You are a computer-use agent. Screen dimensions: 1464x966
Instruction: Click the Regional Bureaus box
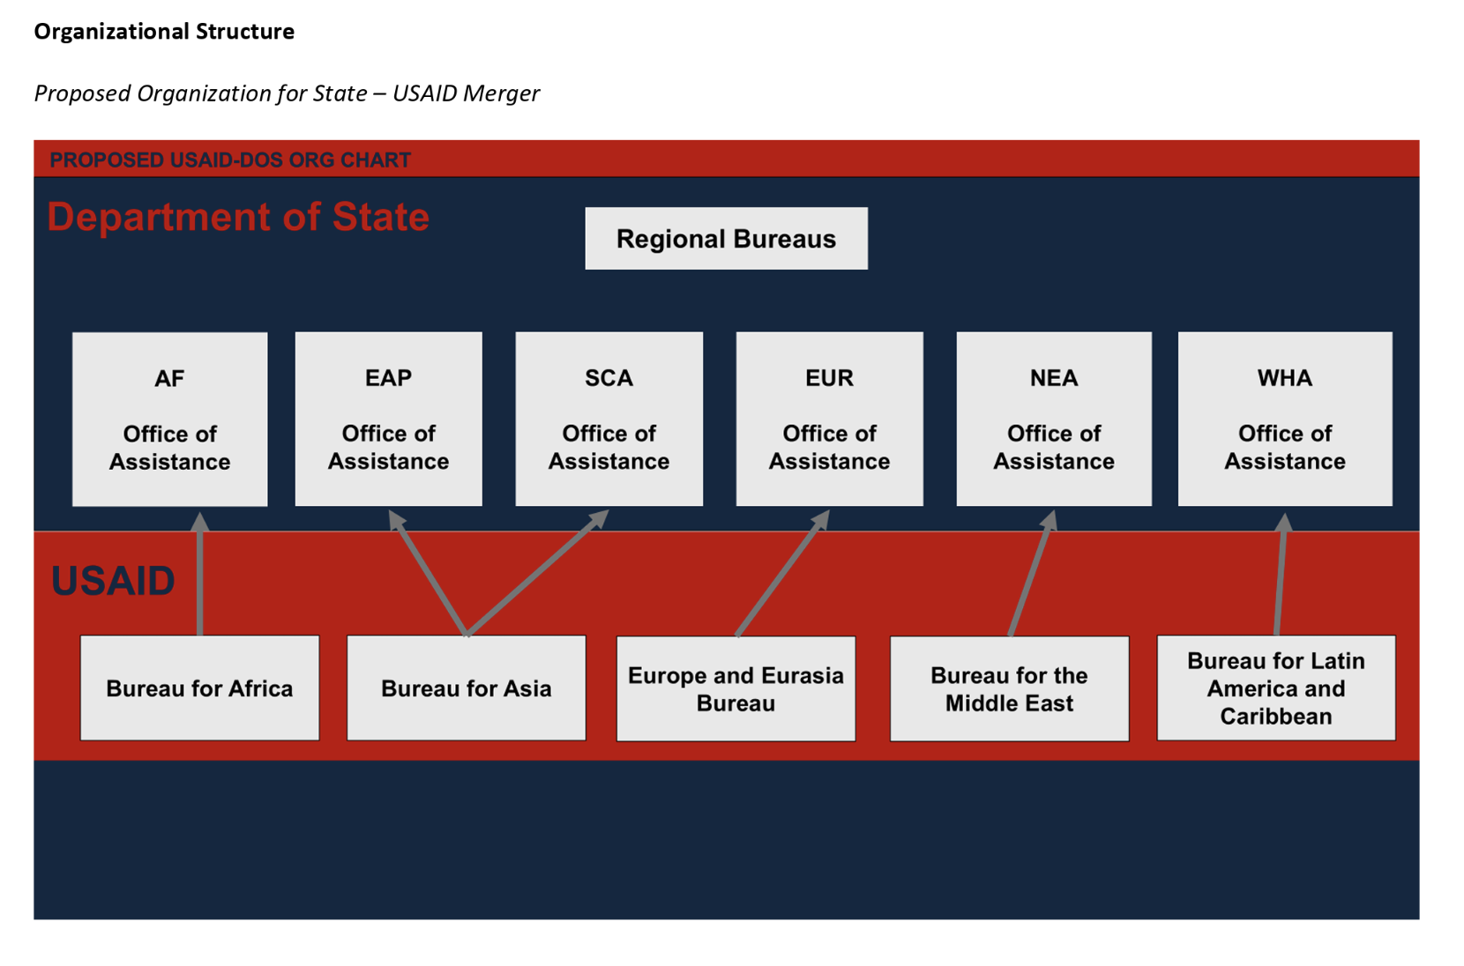[726, 238]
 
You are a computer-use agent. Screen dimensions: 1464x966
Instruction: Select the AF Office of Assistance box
[170, 420]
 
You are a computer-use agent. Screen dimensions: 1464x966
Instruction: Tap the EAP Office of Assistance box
[389, 419]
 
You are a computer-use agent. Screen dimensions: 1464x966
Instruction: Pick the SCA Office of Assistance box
[609, 419]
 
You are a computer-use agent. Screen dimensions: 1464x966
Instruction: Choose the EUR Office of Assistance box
[829, 419]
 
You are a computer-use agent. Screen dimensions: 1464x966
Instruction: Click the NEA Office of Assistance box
[1054, 419]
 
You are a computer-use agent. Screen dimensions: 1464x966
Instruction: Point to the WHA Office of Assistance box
[1285, 419]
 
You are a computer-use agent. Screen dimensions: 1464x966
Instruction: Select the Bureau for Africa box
[200, 687]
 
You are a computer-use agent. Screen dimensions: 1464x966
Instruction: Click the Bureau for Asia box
[467, 687]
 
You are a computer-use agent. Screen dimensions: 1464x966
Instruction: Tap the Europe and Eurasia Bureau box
[736, 688]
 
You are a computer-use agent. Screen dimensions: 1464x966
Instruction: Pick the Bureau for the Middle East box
[1010, 688]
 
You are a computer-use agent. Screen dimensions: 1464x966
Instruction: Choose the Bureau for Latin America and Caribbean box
[1276, 687]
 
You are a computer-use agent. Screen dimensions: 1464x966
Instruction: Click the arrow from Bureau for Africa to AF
[200, 574]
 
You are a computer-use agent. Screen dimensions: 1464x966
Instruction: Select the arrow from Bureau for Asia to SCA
[538, 573]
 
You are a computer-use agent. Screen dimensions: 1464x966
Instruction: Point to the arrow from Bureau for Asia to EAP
[428, 573]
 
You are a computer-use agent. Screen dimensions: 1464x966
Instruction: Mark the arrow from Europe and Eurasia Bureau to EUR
[783, 573]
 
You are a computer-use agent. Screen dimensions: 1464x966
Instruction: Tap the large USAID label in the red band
[113, 580]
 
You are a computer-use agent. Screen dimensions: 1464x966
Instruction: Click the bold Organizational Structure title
[164, 32]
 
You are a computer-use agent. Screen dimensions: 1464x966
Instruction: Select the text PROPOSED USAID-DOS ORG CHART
[230, 160]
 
